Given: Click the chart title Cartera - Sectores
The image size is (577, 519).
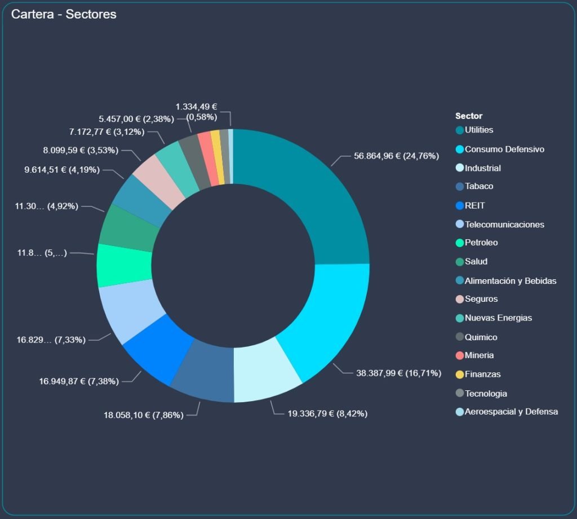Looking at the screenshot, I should pyautogui.click(x=64, y=14).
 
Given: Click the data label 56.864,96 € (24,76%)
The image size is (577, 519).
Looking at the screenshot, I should pyautogui.click(x=396, y=156).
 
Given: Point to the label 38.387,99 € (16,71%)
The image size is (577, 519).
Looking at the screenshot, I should pyautogui.click(x=398, y=373).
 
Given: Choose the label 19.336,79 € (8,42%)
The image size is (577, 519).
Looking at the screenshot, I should pyautogui.click(x=327, y=414).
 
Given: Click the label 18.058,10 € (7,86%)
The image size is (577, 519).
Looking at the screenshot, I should pyautogui.click(x=143, y=415).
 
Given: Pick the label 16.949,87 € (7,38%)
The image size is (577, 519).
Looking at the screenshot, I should pyautogui.click(x=79, y=381).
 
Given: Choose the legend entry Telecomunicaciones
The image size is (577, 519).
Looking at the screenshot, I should pyautogui.click(x=504, y=225).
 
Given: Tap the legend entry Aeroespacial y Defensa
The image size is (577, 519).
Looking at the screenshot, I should pyautogui.click(x=511, y=412).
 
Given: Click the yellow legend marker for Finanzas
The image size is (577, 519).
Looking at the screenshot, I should pyautogui.click(x=460, y=375).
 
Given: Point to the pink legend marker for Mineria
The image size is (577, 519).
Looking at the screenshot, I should pyautogui.click(x=460, y=356).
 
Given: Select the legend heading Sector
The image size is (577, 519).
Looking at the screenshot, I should pyautogui.click(x=469, y=116).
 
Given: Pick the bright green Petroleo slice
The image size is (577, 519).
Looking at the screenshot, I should pyautogui.click(x=124, y=265).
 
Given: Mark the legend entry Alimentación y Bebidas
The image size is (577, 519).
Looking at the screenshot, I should pyautogui.click(x=511, y=281).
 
